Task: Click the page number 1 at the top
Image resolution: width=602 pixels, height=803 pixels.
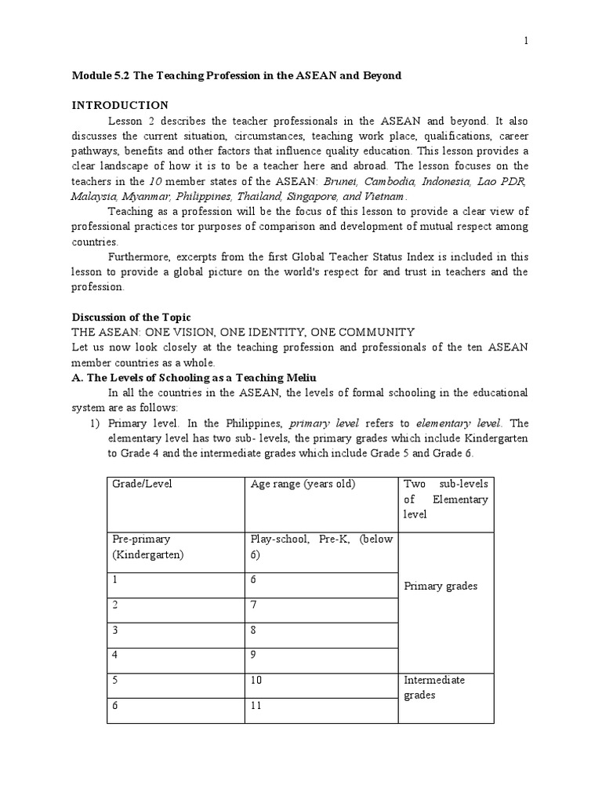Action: pyautogui.click(x=526, y=42)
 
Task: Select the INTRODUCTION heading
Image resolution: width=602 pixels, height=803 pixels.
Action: pyautogui.click(x=120, y=105)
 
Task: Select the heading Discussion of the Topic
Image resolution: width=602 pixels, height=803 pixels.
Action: pyautogui.click(x=132, y=318)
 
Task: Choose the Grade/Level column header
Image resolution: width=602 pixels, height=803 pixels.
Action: pyautogui.click(x=141, y=484)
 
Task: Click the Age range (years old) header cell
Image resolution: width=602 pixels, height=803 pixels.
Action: pyautogui.click(x=303, y=484)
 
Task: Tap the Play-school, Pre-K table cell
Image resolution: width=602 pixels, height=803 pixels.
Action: pyautogui.click(x=322, y=547)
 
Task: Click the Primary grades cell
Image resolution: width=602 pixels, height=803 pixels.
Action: pyautogui.click(x=440, y=586)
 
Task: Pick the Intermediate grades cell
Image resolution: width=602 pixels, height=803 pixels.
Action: pyautogui.click(x=434, y=688)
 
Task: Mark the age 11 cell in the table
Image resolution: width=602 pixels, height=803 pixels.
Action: pyautogui.click(x=256, y=706)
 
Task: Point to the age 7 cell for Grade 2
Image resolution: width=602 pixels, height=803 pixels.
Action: pyautogui.click(x=254, y=605)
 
